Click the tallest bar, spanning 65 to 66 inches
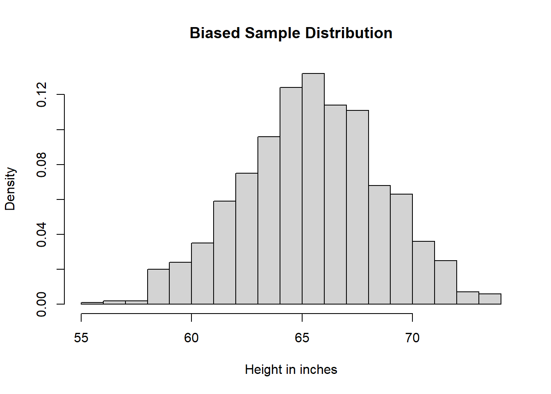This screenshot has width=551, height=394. click(313, 189)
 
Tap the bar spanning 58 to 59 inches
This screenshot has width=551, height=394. click(158, 287)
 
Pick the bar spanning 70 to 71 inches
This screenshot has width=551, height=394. click(423, 273)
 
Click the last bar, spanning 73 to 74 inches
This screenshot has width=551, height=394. click(490, 299)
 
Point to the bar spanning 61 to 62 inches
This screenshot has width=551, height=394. click(225, 253)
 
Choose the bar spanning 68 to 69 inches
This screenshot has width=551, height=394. click(379, 245)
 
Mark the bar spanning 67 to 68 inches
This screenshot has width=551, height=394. click(357, 207)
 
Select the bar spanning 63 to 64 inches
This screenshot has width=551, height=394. click(269, 220)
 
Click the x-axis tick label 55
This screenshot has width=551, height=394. click(81, 338)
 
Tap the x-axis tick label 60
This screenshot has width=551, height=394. click(191, 338)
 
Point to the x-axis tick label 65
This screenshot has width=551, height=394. click(302, 338)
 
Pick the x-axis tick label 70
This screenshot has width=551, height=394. click(412, 338)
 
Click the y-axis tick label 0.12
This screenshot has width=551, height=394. click(42, 94)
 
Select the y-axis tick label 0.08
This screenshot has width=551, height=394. click(42, 165)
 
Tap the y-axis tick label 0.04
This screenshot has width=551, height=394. click(42, 234)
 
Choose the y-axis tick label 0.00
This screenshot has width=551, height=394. click(42, 305)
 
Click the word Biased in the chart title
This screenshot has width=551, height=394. click(215, 33)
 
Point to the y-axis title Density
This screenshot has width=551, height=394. click(10, 189)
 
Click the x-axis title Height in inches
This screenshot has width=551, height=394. click(291, 370)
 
